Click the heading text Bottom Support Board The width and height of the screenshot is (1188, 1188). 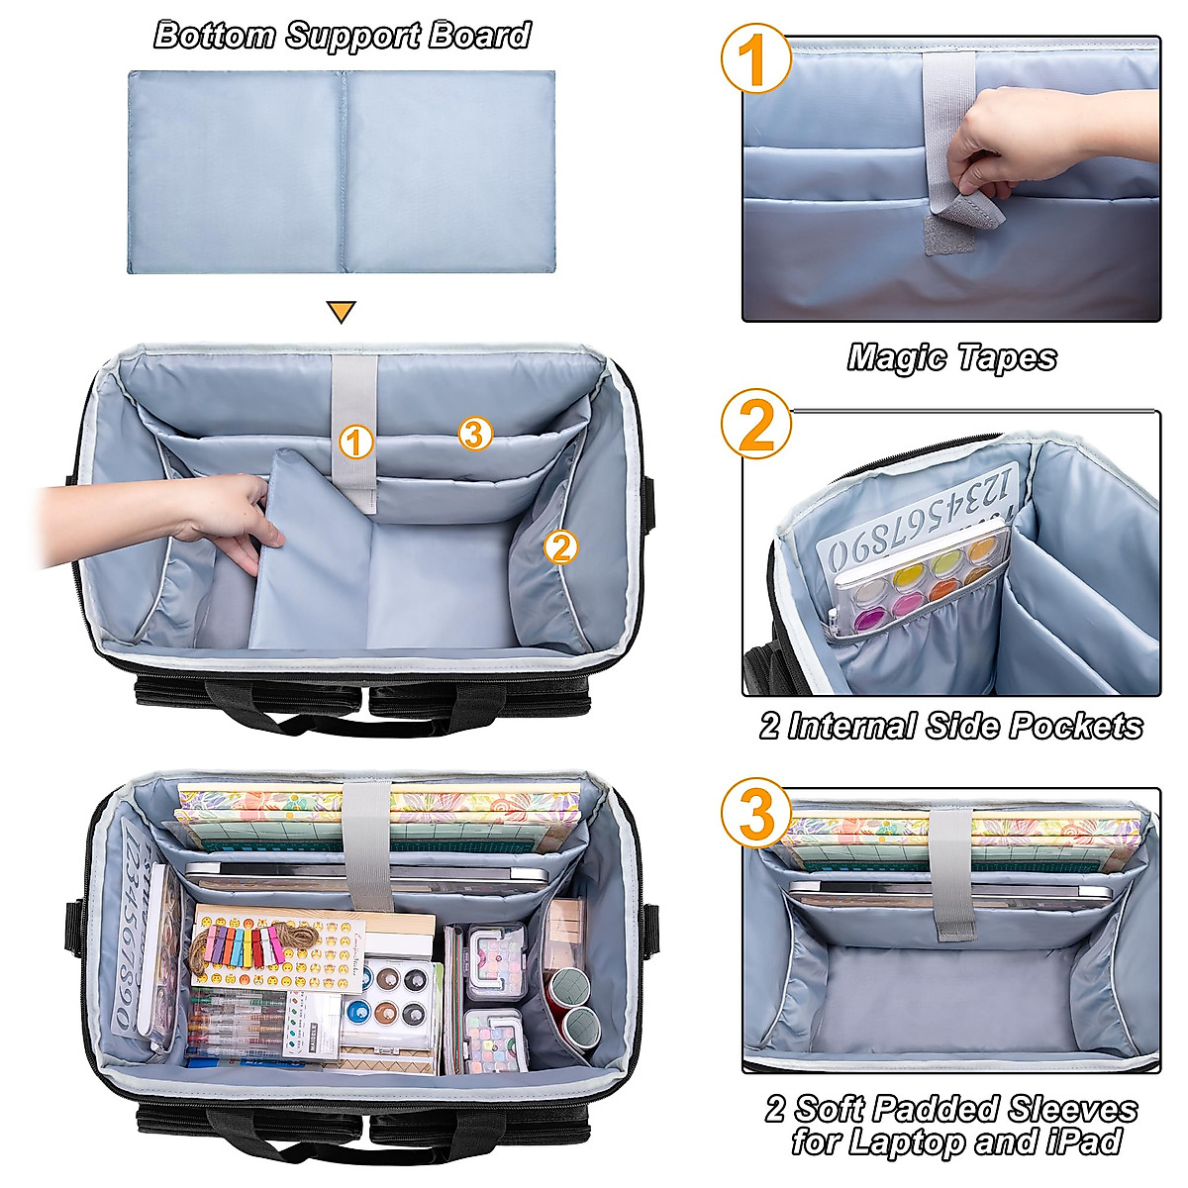click(342, 36)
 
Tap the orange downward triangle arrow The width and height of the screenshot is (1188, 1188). click(341, 313)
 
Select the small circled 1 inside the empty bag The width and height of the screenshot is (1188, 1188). click(355, 442)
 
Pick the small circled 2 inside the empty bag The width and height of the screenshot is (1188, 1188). click(561, 546)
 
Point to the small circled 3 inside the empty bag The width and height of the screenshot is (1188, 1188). click(475, 433)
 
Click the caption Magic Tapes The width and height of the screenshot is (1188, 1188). click(951, 357)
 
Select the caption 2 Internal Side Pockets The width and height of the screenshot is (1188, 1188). click(951, 726)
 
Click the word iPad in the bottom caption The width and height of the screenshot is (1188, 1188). click(1082, 1141)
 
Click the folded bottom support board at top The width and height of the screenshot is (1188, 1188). click(342, 171)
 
